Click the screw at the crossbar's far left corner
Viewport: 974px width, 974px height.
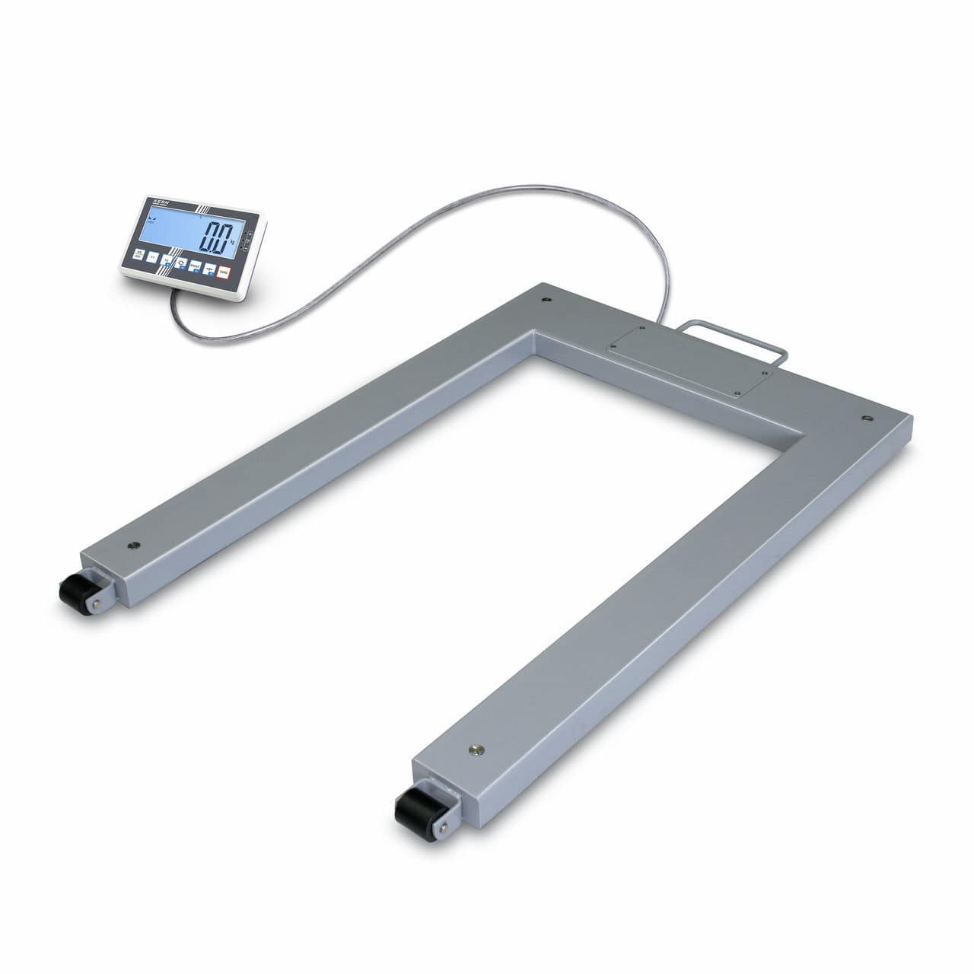(x=546, y=299)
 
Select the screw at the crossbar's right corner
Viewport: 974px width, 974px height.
(x=866, y=417)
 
